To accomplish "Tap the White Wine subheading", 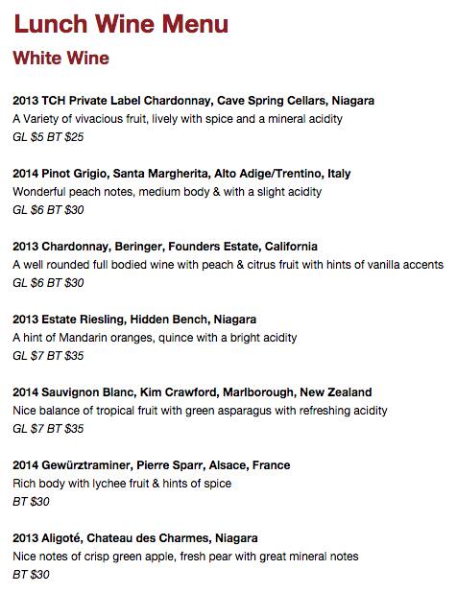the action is (x=60, y=59).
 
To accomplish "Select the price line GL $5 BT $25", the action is (x=48, y=137).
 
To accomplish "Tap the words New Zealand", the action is (x=336, y=392).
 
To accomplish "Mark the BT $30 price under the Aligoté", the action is (x=31, y=575).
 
